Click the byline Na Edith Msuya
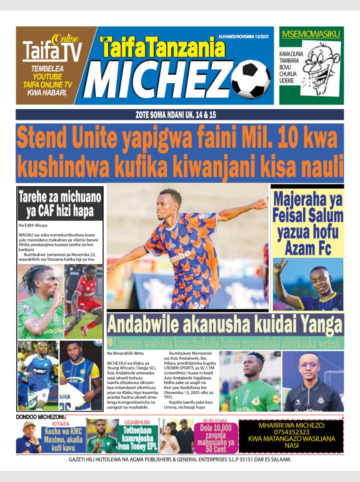coord(33,225)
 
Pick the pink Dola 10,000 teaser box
coord(216,438)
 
